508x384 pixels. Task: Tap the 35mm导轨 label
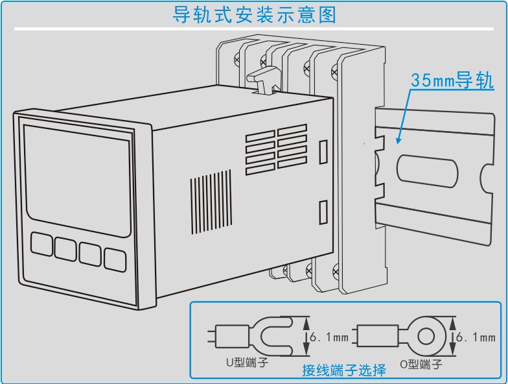452,81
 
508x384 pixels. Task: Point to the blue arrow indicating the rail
403,117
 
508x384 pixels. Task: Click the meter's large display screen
78,178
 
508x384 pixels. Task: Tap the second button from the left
65,248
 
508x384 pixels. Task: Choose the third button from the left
90,253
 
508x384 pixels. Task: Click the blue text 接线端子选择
343,370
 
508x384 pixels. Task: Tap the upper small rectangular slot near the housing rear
323,150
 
